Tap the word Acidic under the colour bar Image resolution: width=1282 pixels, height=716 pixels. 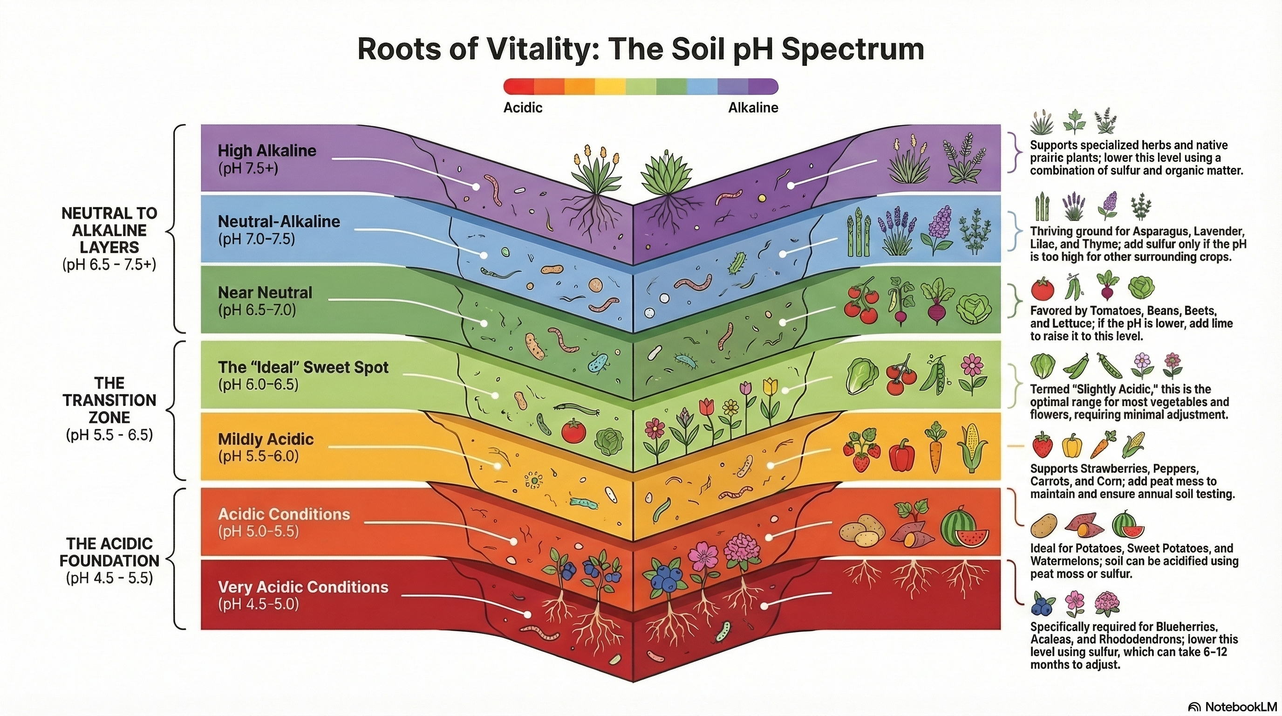click(523, 108)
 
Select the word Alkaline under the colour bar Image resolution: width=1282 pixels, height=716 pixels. click(753, 108)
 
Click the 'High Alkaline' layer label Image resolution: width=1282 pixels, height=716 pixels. click(267, 151)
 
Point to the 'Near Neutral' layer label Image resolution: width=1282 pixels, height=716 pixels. click(265, 293)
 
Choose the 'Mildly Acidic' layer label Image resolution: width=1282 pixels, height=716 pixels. click(266, 439)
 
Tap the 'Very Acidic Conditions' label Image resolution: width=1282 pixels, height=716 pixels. click(303, 587)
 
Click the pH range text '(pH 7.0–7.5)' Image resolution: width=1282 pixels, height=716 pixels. click(256, 239)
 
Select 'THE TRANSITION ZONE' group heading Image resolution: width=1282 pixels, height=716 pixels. click(109, 400)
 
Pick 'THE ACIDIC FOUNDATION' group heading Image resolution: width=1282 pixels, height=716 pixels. click(109, 552)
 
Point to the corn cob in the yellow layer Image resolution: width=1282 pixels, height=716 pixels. click(969, 448)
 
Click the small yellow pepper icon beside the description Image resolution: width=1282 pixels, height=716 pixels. click(1071, 446)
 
